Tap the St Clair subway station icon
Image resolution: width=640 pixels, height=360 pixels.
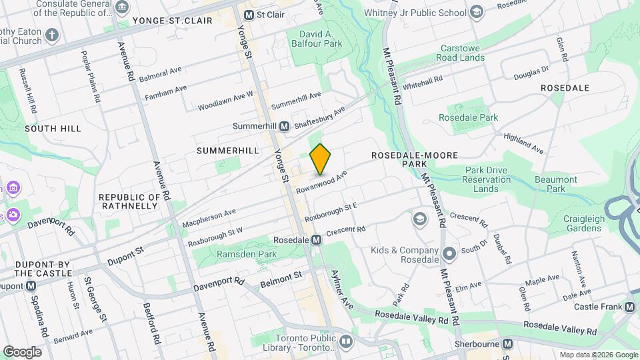pos(249,15)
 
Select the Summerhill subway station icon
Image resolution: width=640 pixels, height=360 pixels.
pos(284,126)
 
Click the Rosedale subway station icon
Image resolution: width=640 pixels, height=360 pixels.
pos(317,239)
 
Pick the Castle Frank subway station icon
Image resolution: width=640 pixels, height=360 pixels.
pos(630,307)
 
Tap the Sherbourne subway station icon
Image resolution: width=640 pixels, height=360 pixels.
pos(508,344)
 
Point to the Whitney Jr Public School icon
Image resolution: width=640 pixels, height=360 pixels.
pos(476,12)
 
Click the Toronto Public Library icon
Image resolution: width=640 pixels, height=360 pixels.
pos(345,342)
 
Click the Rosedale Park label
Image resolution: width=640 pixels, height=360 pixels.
pos(468,117)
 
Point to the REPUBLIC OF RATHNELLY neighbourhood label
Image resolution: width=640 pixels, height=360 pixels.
pos(129,201)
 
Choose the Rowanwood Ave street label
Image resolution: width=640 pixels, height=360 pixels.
pos(323,181)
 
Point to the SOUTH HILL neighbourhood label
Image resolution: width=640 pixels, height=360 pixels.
pos(53,128)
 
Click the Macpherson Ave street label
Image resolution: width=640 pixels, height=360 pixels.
pos(209,217)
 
